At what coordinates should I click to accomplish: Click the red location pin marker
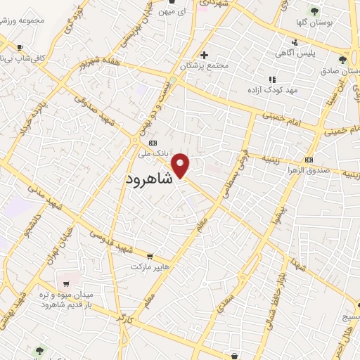click(181, 165)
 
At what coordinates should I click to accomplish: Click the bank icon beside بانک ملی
click(134, 142)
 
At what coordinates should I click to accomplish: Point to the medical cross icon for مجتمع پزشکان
click(204, 55)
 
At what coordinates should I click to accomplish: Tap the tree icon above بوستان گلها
click(314, 11)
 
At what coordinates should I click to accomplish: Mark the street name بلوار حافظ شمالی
click(279, 281)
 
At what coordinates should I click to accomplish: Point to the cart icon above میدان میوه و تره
click(66, 284)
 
